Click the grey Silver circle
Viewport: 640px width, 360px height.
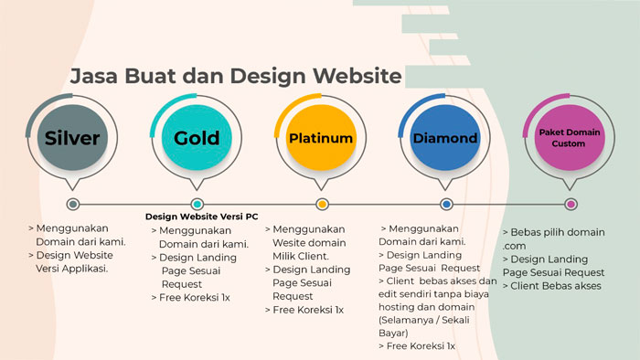click(x=72, y=137)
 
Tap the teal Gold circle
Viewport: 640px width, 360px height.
click(x=197, y=137)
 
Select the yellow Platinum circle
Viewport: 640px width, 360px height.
click(x=321, y=137)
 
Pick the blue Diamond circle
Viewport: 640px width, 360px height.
click(x=445, y=137)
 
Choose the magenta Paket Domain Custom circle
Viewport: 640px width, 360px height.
click(x=570, y=137)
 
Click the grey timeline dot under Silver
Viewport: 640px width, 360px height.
click(x=73, y=204)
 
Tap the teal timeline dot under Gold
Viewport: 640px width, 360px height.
click(x=197, y=204)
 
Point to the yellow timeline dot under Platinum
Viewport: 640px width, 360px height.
click(x=322, y=204)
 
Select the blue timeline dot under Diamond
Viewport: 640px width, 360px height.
click(x=446, y=204)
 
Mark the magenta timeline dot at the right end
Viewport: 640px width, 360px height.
click(x=571, y=204)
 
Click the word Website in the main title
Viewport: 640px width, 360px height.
click(x=357, y=76)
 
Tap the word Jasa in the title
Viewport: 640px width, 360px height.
click(x=94, y=76)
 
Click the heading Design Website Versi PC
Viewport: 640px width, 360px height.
click(x=202, y=217)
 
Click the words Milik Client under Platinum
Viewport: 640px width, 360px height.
click(x=301, y=256)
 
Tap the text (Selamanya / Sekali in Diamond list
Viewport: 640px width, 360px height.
click(x=423, y=320)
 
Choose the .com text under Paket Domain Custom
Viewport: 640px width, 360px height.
click(x=514, y=247)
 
